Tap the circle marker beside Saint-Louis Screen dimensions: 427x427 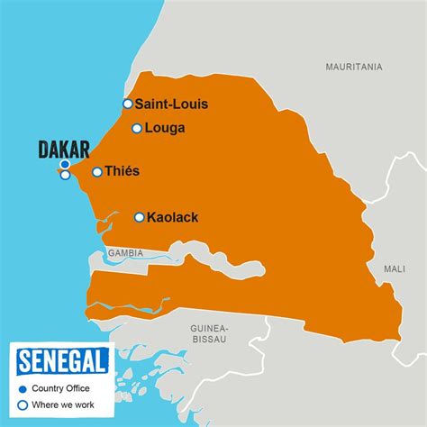[x=128, y=104]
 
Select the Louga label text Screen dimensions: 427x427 [x=165, y=128]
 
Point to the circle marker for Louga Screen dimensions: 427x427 [x=137, y=128]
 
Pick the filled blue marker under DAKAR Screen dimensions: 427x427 [x=65, y=165]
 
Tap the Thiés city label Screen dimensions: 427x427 [x=123, y=171]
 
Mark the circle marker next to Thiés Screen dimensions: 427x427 [x=97, y=171]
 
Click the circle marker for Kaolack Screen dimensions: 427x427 [x=140, y=217]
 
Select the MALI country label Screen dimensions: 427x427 [x=395, y=268]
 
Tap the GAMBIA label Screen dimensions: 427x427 [x=125, y=253]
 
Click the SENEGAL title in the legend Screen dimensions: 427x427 [x=63, y=362]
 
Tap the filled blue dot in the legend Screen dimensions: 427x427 [x=23, y=389]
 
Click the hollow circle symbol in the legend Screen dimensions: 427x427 [x=23, y=405]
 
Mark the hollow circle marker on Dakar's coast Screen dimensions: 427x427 [x=65, y=175]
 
